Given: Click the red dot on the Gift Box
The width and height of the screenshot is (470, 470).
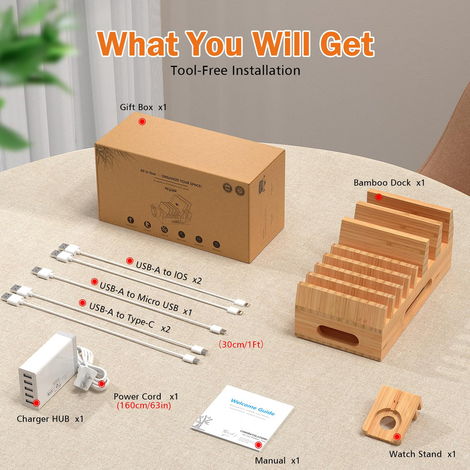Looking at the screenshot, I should (142, 122).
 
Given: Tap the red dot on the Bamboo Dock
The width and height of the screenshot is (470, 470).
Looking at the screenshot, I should (379, 197).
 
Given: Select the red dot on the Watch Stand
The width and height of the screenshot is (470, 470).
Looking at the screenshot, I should (397, 437).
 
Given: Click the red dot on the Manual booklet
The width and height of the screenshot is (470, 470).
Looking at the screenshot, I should (258, 445).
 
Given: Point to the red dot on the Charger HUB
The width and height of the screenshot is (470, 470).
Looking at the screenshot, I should (36, 403).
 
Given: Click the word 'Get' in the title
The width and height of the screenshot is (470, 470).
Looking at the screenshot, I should (347, 44).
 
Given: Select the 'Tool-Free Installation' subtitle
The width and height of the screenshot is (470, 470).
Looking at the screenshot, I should (235, 70).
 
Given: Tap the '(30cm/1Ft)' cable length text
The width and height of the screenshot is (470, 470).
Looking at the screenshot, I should (241, 344).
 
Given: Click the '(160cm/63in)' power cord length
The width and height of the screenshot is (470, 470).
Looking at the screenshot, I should (144, 406).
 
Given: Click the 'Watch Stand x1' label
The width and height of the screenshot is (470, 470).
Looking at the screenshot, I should (422, 454).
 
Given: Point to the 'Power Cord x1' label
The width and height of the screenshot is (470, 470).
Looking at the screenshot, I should (146, 396).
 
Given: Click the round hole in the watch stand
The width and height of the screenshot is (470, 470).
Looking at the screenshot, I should (388, 422).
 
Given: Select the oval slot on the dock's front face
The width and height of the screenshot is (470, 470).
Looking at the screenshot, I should (338, 335).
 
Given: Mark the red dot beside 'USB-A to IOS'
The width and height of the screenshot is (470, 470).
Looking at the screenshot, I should (130, 261).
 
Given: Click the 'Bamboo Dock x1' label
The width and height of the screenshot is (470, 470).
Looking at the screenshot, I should (389, 183).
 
